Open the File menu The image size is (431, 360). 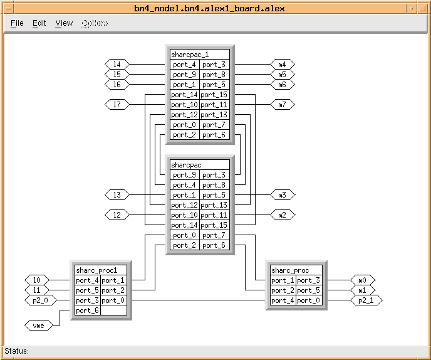click(17, 23)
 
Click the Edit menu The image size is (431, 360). click(39, 23)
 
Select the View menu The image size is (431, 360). click(64, 23)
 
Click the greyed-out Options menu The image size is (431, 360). click(95, 23)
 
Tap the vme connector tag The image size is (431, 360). click(37, 325)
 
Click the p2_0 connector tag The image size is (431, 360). click(37, 300)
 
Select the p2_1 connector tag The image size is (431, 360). click(365, 300)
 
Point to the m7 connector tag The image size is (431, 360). click(282, 105)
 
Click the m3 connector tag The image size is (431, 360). click(282, 195)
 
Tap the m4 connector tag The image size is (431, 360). click(282, 65)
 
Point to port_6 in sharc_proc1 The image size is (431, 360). click(87, 310)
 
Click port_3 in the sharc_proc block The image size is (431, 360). click(309, 280)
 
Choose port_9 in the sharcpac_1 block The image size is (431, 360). click(184, 75)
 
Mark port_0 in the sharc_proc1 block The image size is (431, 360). click(113, 300)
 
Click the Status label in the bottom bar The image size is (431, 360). click(17, 351)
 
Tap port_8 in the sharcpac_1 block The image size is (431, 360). click(214, 75)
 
